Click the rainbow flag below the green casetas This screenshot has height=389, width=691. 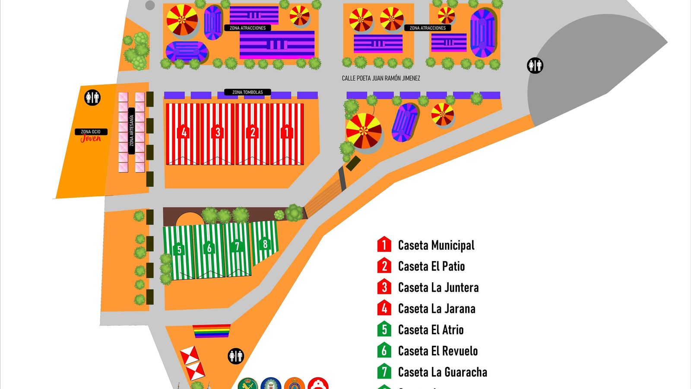[212, 331]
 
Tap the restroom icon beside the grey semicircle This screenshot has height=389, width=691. [535, 66]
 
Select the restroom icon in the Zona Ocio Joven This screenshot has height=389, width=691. [92, 98]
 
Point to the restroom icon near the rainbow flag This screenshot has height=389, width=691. [236, 356]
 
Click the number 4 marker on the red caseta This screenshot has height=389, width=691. [184, 132]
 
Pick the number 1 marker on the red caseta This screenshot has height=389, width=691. [286, 132]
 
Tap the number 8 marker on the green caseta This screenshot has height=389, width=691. [265, 244]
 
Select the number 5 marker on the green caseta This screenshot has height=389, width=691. [179, 249]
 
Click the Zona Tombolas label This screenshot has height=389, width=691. [247, 92]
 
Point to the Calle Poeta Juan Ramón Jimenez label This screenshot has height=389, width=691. [380, 78]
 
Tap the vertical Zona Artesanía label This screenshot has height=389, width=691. [132, 130]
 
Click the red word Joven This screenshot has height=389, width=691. [91, 138]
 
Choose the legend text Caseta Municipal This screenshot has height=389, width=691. [436, 246]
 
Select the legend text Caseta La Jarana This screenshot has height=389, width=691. [436, 309]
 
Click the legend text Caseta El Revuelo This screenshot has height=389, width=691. [437, 351]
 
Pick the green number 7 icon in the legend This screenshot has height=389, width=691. [384, 372]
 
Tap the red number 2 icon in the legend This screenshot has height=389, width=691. [384, 266]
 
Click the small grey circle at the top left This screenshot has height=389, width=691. [150, 5]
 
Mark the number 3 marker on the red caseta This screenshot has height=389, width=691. [218, 132]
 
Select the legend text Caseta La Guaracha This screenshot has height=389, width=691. [442, 372]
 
